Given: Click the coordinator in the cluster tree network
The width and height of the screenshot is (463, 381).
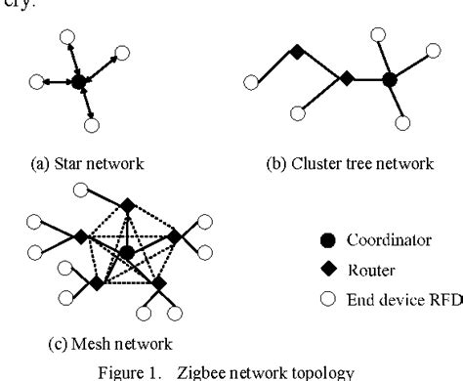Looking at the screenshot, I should [x=390, y=78].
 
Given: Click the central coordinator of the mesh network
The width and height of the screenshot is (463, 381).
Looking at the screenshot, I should [x=127, y=253].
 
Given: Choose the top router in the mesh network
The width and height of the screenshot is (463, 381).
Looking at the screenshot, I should [x=127, y=204].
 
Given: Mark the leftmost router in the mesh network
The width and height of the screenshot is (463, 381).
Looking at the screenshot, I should [x=81, y=235].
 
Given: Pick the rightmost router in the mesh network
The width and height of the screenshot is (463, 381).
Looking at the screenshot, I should [x=174, y=235].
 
